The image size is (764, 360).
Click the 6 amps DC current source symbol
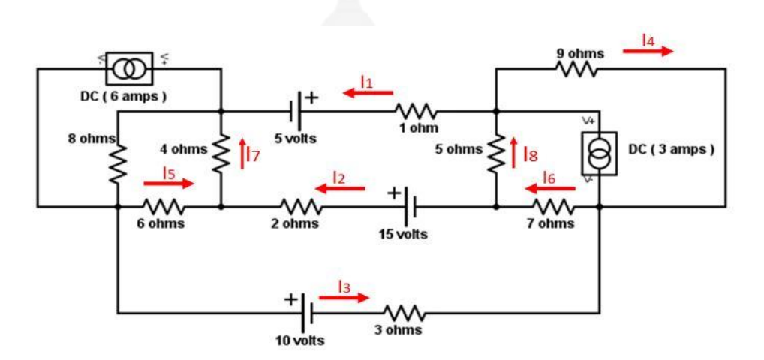(129, 69)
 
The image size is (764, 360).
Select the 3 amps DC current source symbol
(599, 154)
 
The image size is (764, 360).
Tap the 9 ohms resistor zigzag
(576, 69)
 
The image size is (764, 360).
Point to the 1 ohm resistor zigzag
(414, 112)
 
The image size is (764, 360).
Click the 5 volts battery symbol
(299, 112)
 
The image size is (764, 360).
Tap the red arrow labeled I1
(368, 93)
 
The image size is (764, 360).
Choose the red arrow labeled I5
(168, 183)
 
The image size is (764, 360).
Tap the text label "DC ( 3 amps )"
(671, 148)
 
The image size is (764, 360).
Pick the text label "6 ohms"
(161, 224)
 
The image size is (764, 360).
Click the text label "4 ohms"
(183, 148)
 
